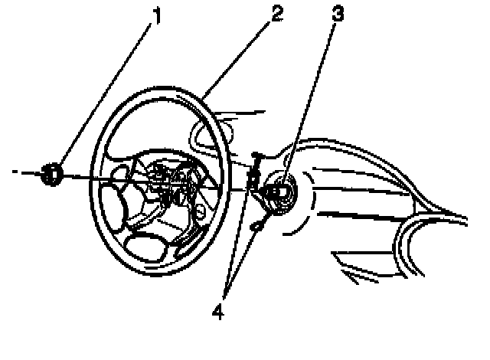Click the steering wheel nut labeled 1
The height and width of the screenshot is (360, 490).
pyautogui.click(x=52, y=174)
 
